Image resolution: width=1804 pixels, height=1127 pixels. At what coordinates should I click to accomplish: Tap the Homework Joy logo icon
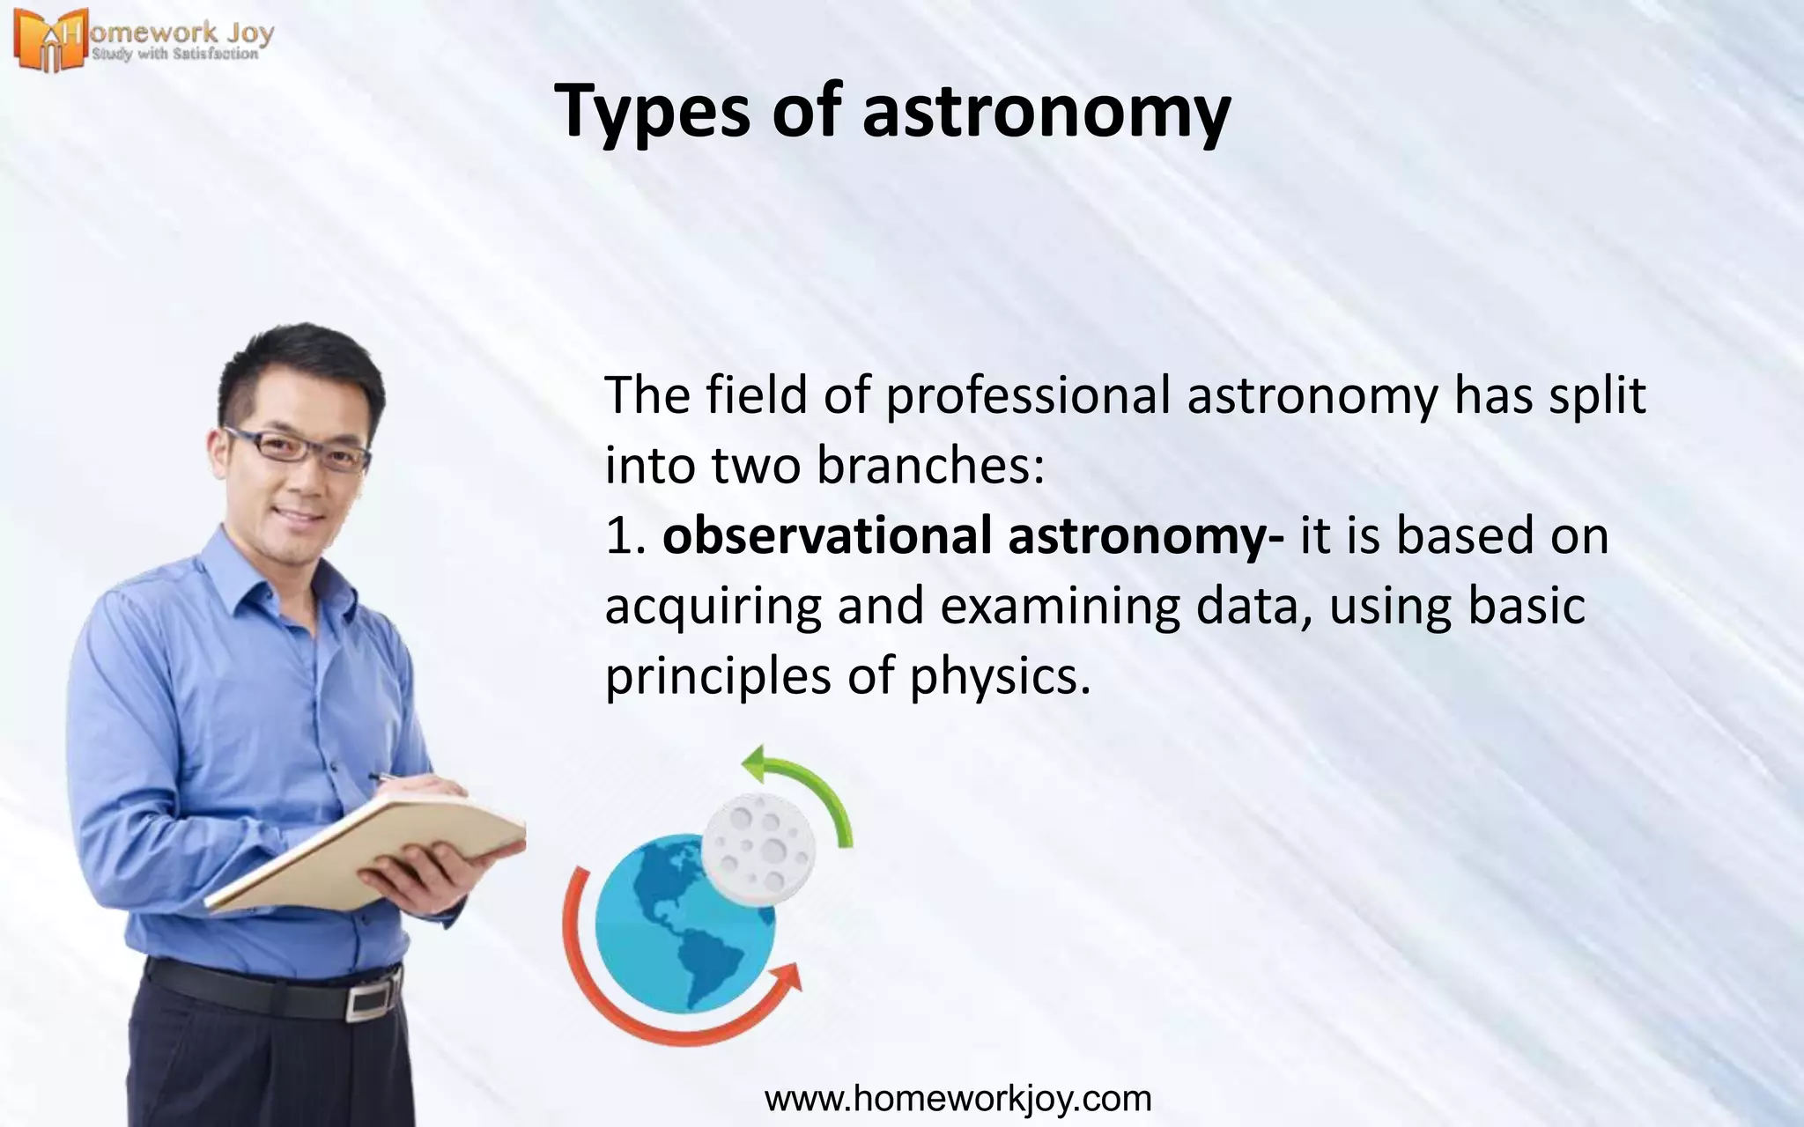pos(48,40)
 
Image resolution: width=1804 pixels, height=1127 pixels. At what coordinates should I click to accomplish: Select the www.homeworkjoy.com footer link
pos(957,1099)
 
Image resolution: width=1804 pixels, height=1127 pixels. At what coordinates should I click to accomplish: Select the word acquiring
pos(713,608)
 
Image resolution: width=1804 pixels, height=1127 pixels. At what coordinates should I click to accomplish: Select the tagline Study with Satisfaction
pos(175,55)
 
